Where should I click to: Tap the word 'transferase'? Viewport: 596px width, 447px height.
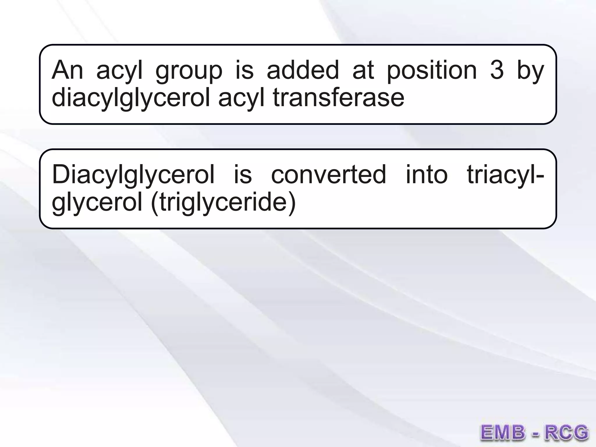pyautogui.click(x=338, y=98)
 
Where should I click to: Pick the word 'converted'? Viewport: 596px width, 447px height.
pyautogui.click(x=329, y=175)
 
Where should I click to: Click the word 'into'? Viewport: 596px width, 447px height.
pyautogui.click(x=427, y=175)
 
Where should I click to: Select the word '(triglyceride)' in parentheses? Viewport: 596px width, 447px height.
pyautogui.click(x=223, y=203)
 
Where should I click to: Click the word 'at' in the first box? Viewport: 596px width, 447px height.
pyautogui.click(x=363, y=70)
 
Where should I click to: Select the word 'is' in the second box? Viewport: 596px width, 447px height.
pyautogui.click(x=243, y=175)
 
